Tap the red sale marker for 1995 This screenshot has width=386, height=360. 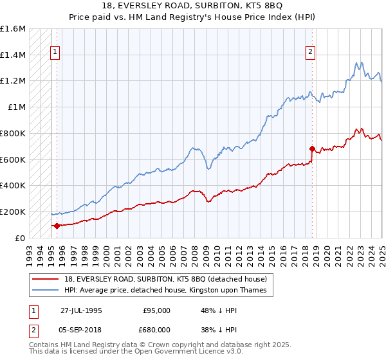57,226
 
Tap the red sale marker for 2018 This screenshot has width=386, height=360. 312,148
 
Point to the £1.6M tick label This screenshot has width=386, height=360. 13,29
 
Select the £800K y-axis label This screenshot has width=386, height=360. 13,133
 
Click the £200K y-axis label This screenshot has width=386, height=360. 13,212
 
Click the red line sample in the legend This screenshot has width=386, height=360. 46,279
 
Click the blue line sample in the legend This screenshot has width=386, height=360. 46,290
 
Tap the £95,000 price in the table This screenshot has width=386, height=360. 156,310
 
